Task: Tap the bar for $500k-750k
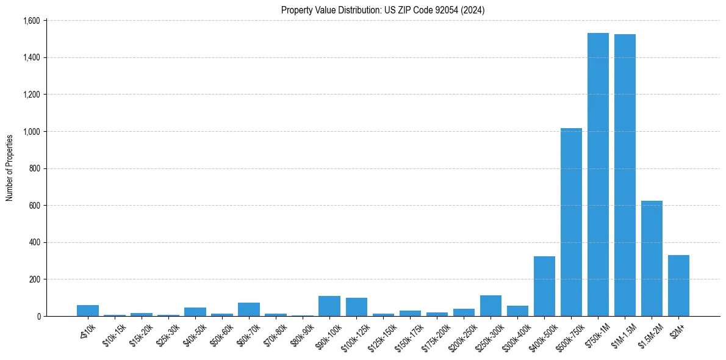[x=571, y=222]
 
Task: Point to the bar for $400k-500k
[x=544, y=286]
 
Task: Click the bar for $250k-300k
[x=491, y=306]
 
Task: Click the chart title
[x=383, y=10]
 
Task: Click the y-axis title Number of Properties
[x=10, y=168]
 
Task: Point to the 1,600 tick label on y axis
[x=31, y=21]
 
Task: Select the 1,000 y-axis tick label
[x=31, y=132]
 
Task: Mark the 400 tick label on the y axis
[x=34, y=242]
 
